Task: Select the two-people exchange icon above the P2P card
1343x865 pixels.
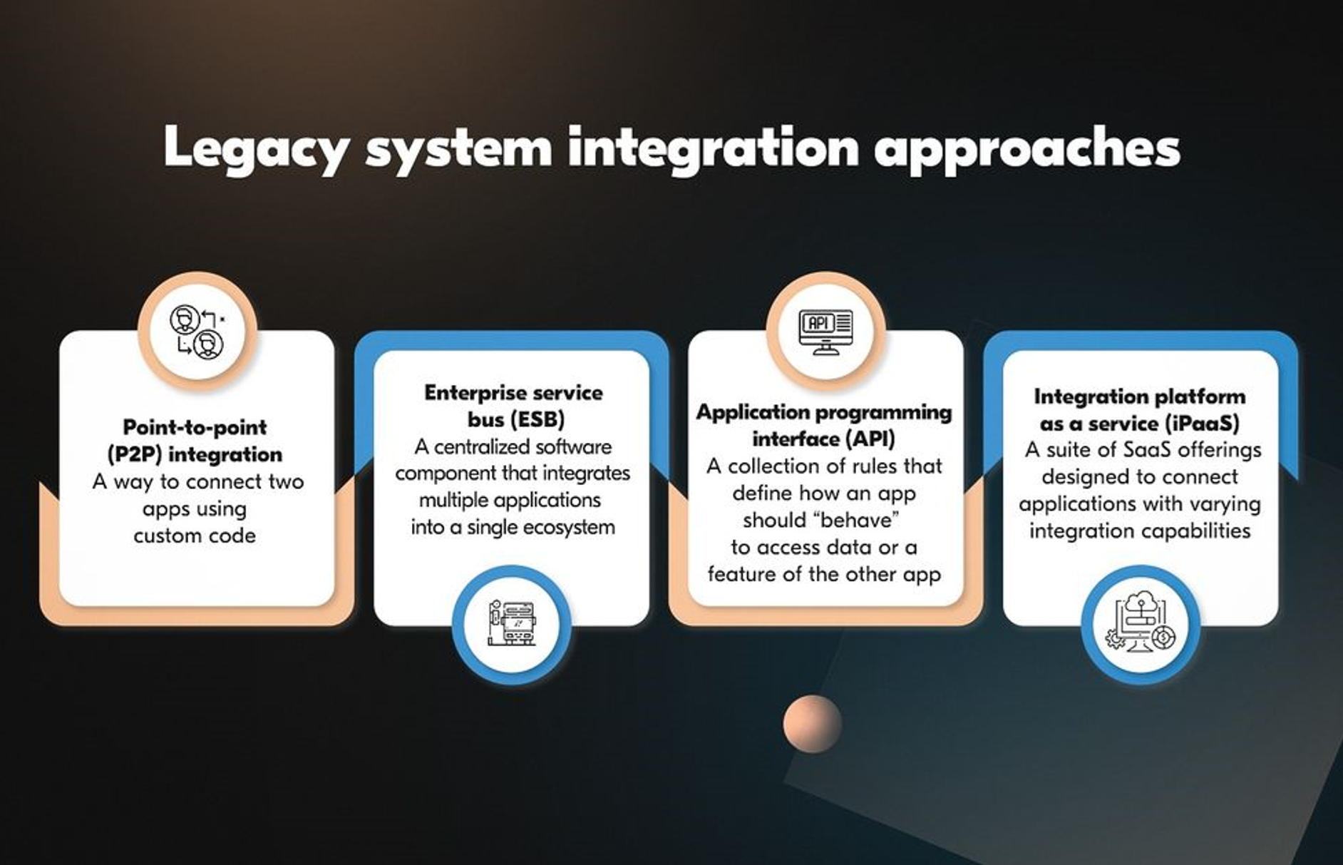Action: pos(197,331)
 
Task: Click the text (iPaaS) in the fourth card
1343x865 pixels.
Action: pos(1203,424)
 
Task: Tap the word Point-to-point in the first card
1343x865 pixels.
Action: pos(195,427)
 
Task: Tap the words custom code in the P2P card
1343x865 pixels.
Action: pos(195,536)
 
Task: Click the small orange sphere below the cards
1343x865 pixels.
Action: pos(812,724)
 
